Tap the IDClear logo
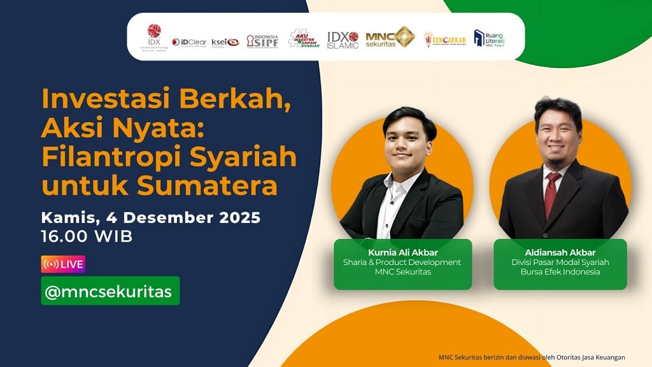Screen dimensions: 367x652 click(x=189, y=42)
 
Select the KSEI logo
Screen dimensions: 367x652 click(x=225, y=42)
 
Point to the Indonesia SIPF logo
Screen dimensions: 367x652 click(x=262, y=41)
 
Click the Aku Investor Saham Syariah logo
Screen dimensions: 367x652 click(x=304, y=39)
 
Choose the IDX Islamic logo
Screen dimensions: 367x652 click(x=343, y=40)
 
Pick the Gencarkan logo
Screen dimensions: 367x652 click(x=444, y=40)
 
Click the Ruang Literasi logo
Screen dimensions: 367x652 click(x=489, y=38)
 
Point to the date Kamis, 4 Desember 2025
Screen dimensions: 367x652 click(x=151, y=217)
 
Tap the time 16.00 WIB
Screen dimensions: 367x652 click(x=87, y=236)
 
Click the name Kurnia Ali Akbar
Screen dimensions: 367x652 click(x=402, y=252)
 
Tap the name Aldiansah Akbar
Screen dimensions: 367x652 click(x=560, y=252)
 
